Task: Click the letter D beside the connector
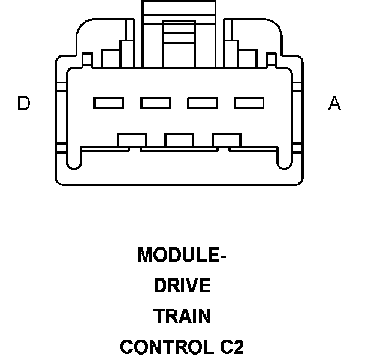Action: point(23,104)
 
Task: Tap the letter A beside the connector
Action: point(334,104)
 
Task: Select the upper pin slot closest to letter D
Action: point(109,103)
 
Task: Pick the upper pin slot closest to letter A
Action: point(249,103)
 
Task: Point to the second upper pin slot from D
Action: point(156,103)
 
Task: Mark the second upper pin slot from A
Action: point(203,103)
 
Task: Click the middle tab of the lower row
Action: point(179,140)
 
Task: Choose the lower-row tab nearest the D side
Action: point(132,140)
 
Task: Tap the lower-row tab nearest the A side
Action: point(227,140)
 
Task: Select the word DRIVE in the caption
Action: point(182,286)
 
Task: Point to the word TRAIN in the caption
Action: point(182,316)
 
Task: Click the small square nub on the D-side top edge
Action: point(87,60)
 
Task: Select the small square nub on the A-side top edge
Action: point(271,60)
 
